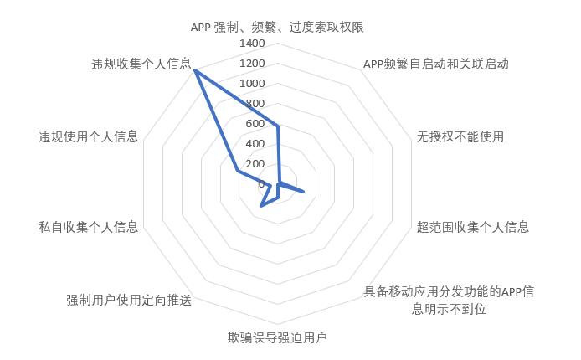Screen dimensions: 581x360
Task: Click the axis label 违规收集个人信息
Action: coord(141,64)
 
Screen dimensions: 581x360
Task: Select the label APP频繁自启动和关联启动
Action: coord(435,64)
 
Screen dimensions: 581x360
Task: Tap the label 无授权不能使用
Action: coord(460,136)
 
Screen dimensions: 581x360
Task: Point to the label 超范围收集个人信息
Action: coord(473,227)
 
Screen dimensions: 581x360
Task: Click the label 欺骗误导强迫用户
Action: coord(277,337)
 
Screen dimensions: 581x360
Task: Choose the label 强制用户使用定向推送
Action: coord(129,300)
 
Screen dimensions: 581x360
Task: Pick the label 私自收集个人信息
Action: coord(88,227)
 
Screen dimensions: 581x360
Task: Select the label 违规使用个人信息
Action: coord(88,136)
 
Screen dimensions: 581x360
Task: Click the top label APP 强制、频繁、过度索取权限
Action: coord(277,28)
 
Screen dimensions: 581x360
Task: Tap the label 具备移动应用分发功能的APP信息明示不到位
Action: coord(449,300)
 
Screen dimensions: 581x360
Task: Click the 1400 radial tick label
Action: coord(252,44)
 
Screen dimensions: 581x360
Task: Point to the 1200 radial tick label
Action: coord(252,64)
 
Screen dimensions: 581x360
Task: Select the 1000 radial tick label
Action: coord(252,84)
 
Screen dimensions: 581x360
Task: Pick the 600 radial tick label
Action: coord(255,123)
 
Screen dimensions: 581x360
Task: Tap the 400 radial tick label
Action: coord(255,143)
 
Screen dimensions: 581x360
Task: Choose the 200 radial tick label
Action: coord(255,163)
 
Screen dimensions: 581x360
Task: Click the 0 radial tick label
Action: coord(261,183)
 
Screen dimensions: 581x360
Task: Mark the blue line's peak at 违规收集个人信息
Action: coord(195,70)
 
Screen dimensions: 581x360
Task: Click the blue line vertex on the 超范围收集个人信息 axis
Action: coord(303,192)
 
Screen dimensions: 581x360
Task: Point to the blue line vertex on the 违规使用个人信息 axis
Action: coord(238,171)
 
